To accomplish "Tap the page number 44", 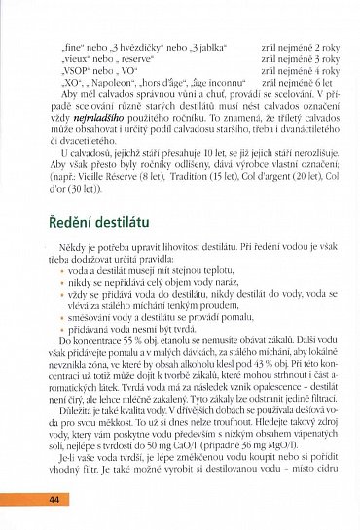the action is [54, 499].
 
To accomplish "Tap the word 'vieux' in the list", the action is [72, 58].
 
